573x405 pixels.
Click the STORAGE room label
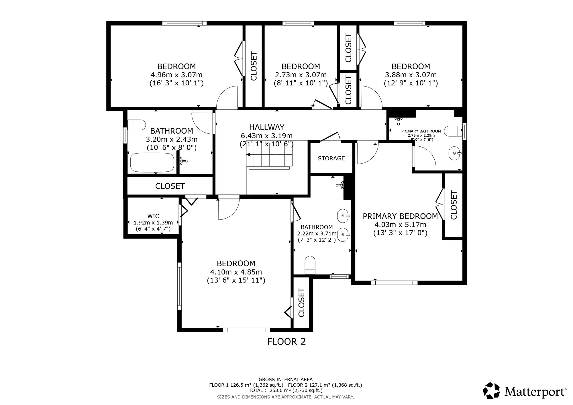(x=331, y=158)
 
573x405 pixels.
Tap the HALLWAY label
(x=266, y=127)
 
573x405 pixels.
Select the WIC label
(x=153, y=216)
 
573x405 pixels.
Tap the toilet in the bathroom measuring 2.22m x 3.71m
(x=310, y=265)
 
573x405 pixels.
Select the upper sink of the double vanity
(x=344, y=215)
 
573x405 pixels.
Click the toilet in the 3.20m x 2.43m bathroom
(x=137, y=125)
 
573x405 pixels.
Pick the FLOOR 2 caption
(x=286, y=341)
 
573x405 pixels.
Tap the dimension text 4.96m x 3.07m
(x=176, y=75)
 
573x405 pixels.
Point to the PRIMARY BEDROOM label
(x=400, y=216)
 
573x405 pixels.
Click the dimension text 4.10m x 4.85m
(x=236, y=272)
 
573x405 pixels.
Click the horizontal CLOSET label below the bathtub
(x=170, y=186)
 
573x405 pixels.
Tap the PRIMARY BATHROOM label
(x=421, y=131)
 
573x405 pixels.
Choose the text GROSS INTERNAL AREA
(x=286, y=380)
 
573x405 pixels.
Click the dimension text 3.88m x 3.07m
(x=411, y=75)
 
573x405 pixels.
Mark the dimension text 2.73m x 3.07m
(x=301, y=75)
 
